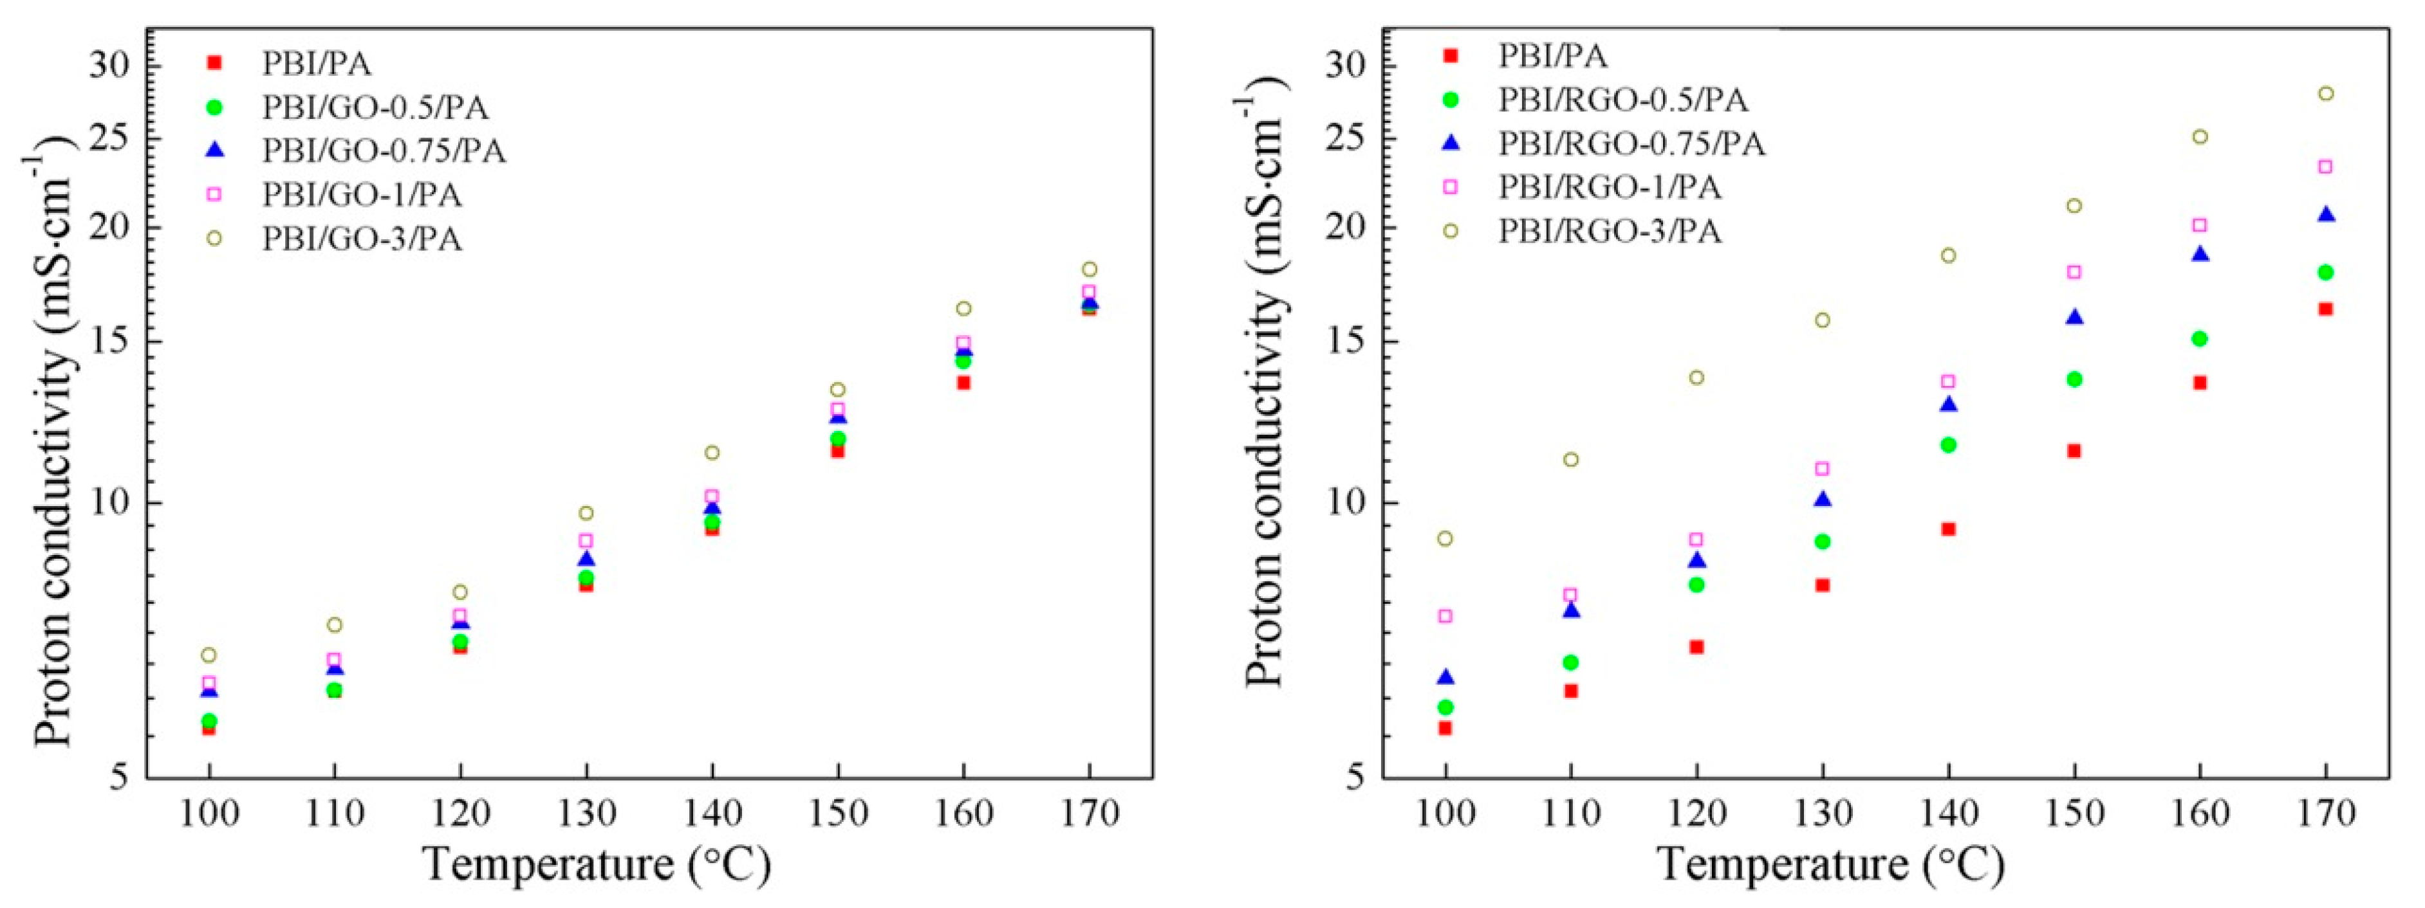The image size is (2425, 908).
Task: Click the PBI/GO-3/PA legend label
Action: pyautogui.click(x=362, y=239)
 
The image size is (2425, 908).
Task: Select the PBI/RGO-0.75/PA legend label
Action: pyautogui.click(x=1631, y=144)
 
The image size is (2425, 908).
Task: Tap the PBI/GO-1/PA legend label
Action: pyautogui.click(x=362, y=195)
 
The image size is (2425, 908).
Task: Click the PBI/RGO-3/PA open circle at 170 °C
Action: pyautogui.click(x=2325, y=93)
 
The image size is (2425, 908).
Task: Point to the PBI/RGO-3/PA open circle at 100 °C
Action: pyautogui.click(x=1445, y=539)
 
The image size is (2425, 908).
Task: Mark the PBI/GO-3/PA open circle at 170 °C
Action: pyautogui.click(x=1089, y=269)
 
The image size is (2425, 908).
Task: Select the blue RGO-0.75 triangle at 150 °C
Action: pyautogui.click(x=2074, y=317)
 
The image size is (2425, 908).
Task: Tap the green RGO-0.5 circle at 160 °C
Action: pyautogui.click(x=2200, y=339)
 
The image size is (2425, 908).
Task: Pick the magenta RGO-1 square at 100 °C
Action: pyautogui.click(x=1445, y=616)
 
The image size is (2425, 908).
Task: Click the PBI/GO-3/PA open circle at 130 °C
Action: pyautogui.click(x=586, y=513)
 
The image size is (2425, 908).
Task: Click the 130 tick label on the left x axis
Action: pyautogui.click(x=586, y=812)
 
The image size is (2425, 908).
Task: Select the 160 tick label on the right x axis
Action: pyautogui.click(x=2200, y=812)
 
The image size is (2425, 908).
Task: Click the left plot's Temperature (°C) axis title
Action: pyautogui.click(x=598, y=864)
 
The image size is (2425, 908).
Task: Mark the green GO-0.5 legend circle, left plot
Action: pyautogui.click(x=214, y=107)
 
